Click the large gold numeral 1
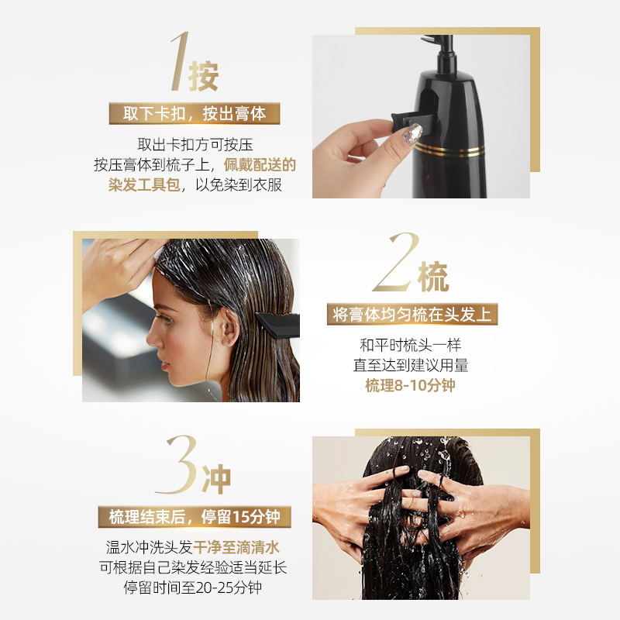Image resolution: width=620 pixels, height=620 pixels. pos(180,61)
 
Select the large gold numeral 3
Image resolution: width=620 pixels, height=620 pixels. pos(178,464)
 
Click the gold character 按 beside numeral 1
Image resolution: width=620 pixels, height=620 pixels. pos(204,76)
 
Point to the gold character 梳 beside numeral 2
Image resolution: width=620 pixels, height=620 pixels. pos(433,277)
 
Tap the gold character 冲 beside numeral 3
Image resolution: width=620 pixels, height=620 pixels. pos(216,479)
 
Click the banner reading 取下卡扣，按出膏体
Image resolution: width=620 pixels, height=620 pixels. pos(195,113)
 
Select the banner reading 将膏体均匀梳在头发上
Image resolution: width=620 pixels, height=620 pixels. pos(412,315)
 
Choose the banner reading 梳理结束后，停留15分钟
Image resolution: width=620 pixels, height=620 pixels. pos(195,517)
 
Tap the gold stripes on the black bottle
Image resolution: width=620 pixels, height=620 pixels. pos(449,150)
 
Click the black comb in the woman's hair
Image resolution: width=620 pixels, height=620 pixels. pos(277,325)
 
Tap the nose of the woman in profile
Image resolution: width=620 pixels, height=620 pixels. pos(152,339)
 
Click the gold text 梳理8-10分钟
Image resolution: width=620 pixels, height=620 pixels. pos(410,385)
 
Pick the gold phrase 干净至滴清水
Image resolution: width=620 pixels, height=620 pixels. pos(236,548)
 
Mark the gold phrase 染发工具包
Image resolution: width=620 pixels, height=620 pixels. pos(144,184)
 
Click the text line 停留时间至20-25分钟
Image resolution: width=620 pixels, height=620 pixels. pos(192,587)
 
